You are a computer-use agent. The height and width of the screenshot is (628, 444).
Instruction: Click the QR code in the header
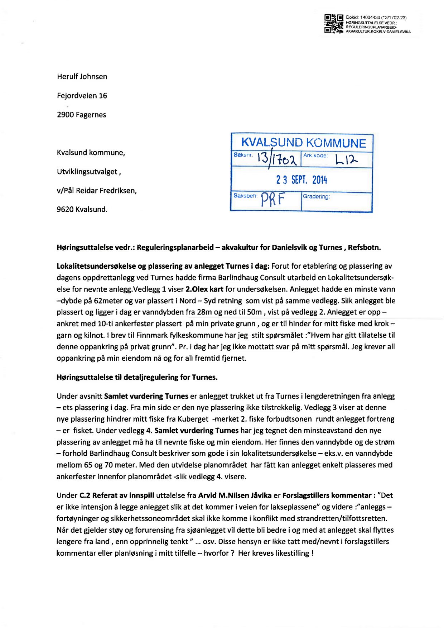click(333, 24)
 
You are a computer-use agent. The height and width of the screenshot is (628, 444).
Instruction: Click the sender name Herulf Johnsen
click(82, 77)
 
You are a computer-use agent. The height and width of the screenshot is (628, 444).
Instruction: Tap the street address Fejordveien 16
click(82, 96)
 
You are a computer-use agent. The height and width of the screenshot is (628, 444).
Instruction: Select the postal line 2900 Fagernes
click(81, 115)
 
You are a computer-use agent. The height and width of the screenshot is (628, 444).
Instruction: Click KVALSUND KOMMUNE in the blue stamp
click(303, 143)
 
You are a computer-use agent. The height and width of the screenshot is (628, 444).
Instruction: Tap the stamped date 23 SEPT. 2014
click(301, 180)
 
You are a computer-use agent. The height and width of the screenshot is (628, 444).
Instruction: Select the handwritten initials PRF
click(272, 200)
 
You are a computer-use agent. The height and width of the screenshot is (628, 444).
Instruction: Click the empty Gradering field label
click(316, 197)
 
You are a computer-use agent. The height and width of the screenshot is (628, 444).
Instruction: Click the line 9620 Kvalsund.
click(82, 210)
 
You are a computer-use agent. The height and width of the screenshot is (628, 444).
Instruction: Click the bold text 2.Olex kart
click(204, 289)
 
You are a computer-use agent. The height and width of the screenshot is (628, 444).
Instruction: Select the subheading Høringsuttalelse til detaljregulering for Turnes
click(137, 377)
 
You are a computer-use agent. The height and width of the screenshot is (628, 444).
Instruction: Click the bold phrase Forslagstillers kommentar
click(327, 495)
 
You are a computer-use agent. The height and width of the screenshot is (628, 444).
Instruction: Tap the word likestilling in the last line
click(293, 553)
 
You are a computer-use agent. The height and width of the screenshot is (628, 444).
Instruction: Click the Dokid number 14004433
click(370, 18)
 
